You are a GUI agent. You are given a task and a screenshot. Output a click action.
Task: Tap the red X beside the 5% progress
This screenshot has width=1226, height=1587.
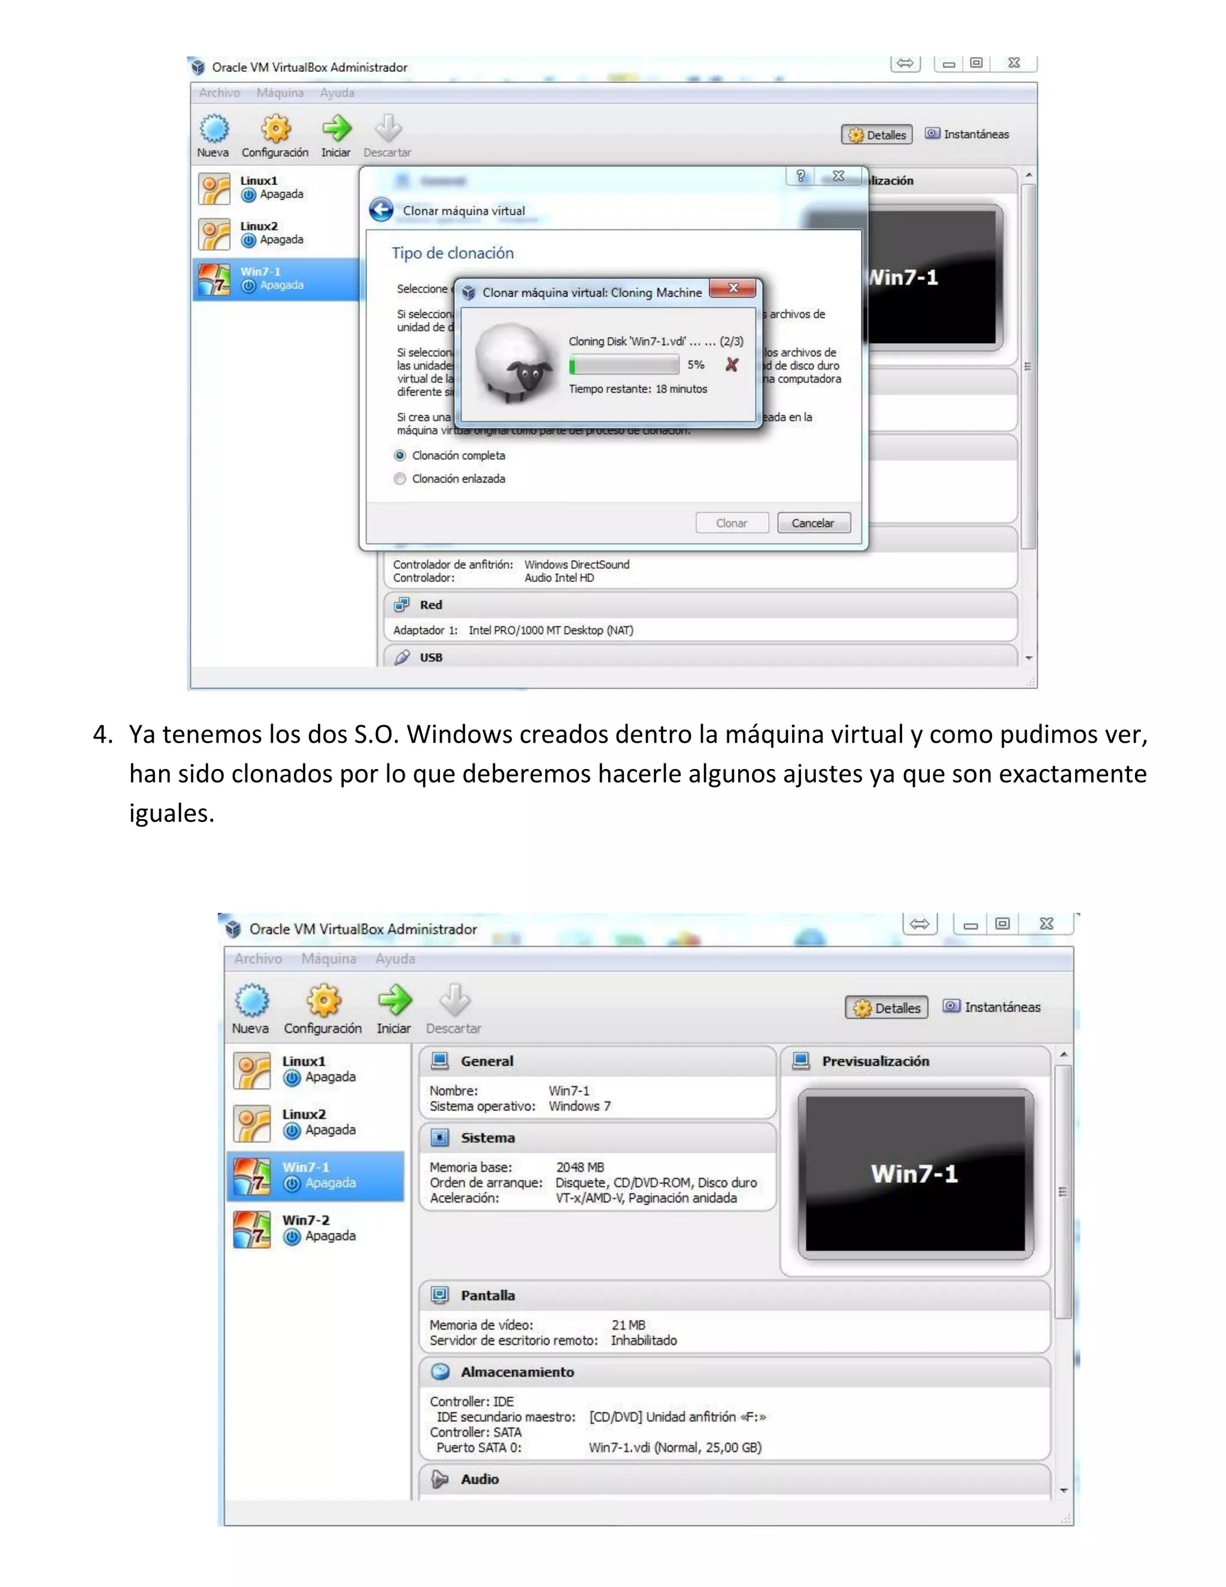(x=732, y=365)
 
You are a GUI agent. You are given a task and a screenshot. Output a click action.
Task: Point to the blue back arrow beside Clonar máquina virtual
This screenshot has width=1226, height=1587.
(x=381, y=210)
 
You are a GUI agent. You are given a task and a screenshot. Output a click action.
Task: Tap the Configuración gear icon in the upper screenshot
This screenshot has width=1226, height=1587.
(x=275, y=129)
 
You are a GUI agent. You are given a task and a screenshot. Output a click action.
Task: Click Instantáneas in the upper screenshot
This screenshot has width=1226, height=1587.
(x=975, y=134)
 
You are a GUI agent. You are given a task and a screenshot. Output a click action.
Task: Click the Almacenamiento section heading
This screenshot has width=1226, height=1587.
(x=517, y=1372)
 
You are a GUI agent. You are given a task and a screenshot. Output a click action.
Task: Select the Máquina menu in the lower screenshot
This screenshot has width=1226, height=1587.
(x=328, y=958)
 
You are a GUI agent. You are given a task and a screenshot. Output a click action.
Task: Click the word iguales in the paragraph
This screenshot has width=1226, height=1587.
(x=171, y=813)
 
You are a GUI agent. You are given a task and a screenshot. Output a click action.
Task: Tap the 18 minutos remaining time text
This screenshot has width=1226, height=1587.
(x=681, y=389)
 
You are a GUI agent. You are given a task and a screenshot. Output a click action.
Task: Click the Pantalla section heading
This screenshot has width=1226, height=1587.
(x=487, y=1295)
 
